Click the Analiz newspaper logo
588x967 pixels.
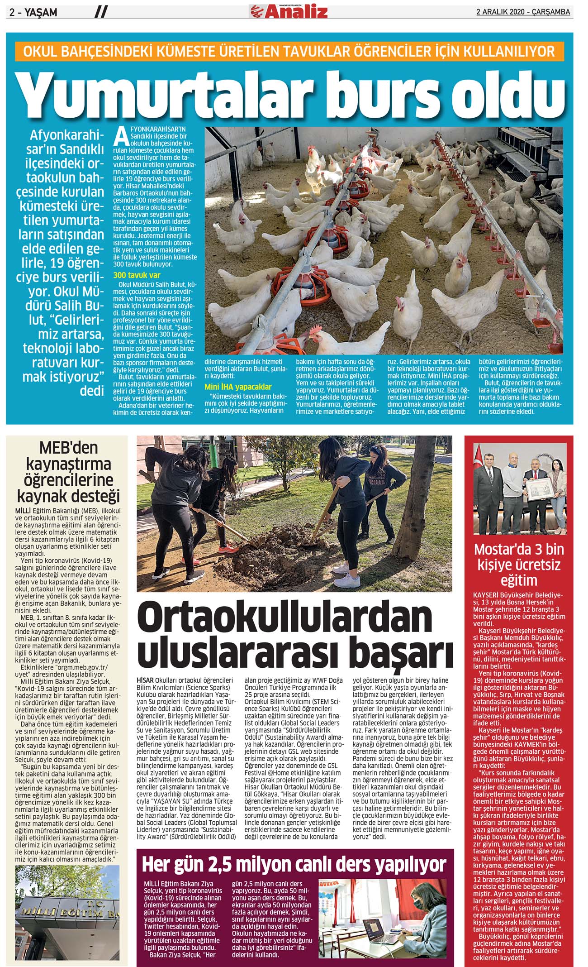coord(289,11)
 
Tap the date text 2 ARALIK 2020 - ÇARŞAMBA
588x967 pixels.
coord(523,12)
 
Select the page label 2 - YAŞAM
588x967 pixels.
coord(33,13)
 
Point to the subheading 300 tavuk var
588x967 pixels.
coord(137,275)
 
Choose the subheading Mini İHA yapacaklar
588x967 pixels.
coord(238,387)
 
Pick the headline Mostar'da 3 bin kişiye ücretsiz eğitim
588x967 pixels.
coord(519,565)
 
